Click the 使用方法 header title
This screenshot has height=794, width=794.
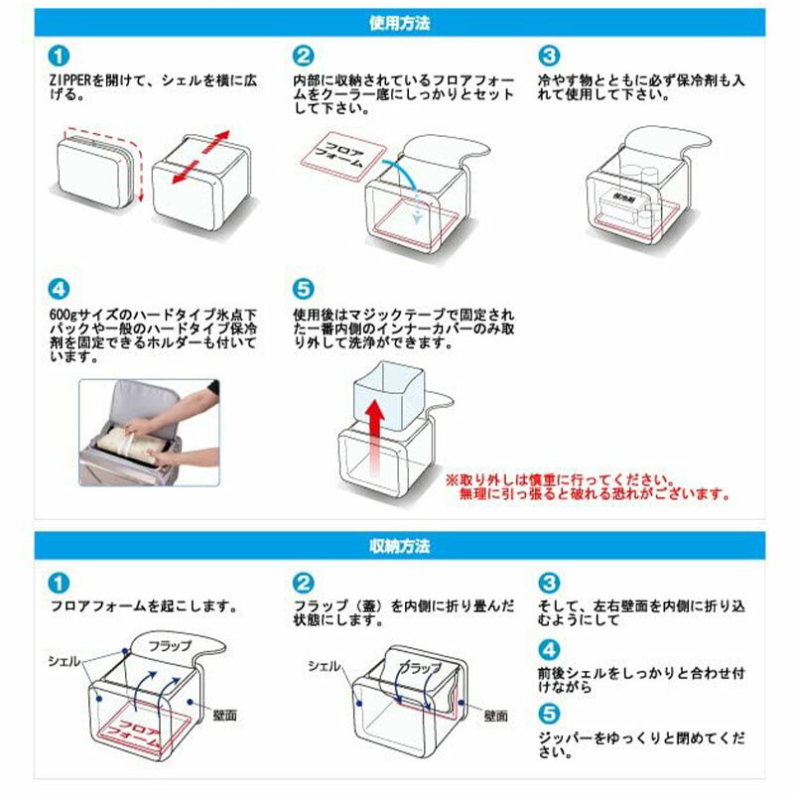point(397,20)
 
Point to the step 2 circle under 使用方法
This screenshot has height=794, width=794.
point(304,55)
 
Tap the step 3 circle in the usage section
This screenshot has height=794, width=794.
point(549,55)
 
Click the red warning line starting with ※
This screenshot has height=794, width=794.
point(586,477)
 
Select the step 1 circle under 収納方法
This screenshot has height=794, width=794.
point(60,581)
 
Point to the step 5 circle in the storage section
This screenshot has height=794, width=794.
point(549,712)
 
